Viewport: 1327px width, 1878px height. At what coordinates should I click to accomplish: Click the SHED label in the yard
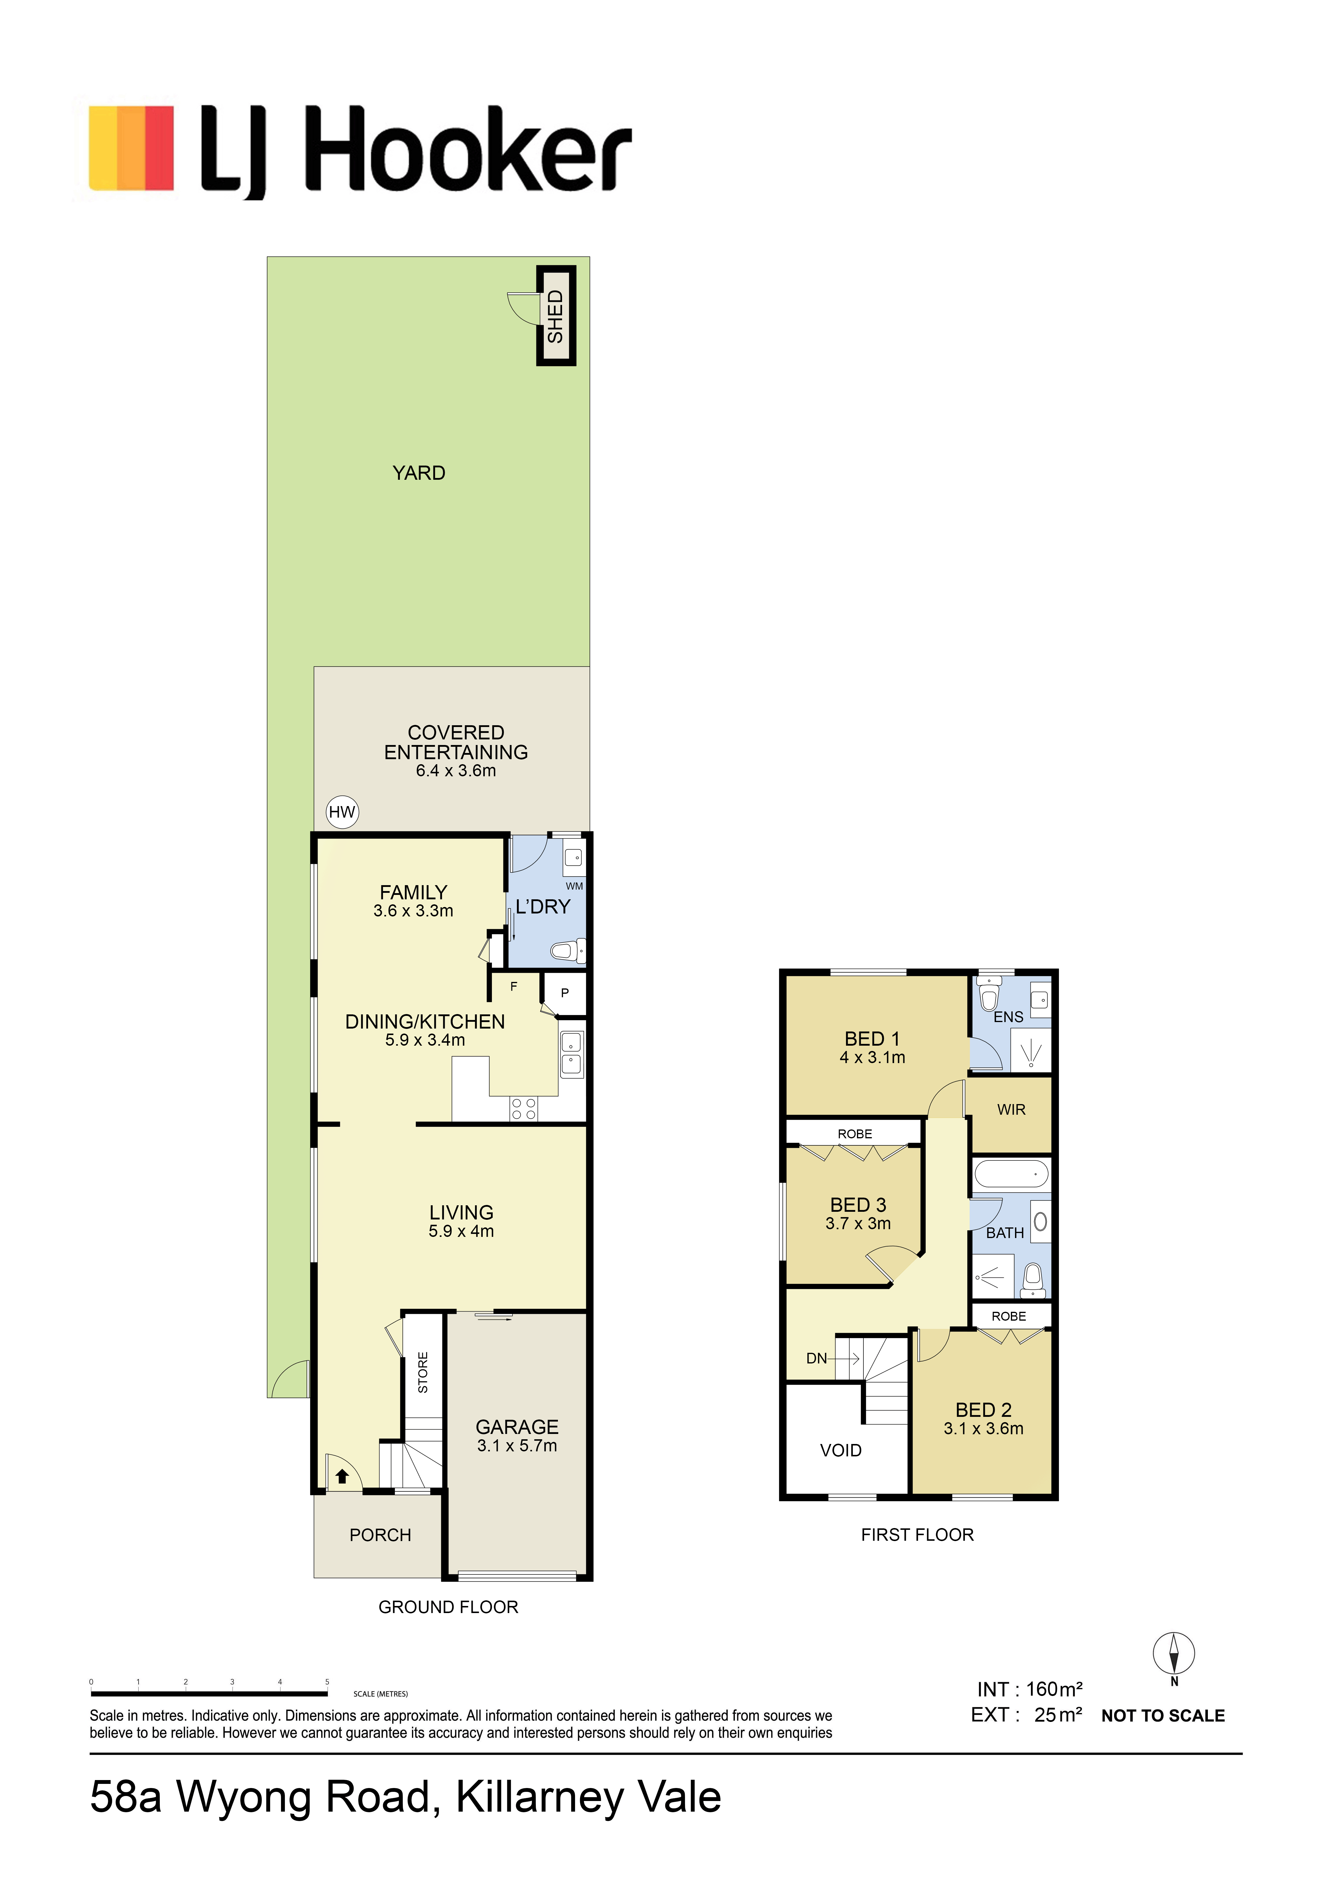point(555,317)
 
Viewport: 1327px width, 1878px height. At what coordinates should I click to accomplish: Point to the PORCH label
point(380,1535)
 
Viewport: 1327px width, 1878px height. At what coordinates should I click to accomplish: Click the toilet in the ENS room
point(989,998)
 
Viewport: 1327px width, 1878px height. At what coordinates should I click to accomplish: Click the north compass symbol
point(1174,1654)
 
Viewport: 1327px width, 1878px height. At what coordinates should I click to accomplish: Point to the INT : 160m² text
point(1029,1689)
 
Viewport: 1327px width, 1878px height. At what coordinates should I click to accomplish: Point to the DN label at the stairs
point(817,1359)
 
